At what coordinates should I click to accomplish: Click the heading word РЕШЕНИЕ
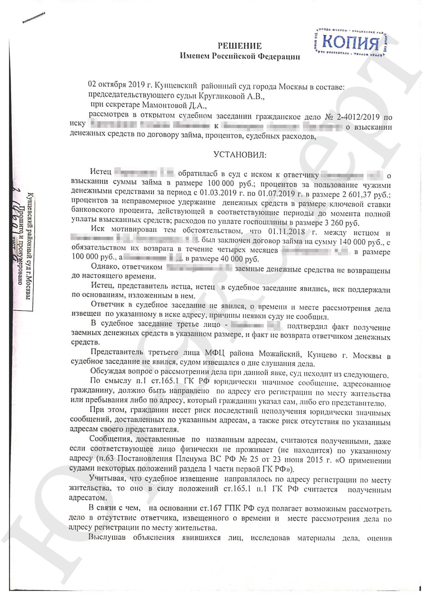click(x=240, y=46)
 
